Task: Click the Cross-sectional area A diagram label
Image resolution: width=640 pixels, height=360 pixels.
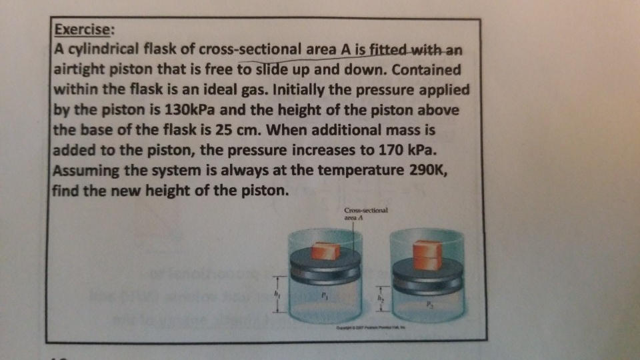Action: click(365, 212)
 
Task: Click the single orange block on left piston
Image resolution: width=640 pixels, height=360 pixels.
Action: click(326, 251)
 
